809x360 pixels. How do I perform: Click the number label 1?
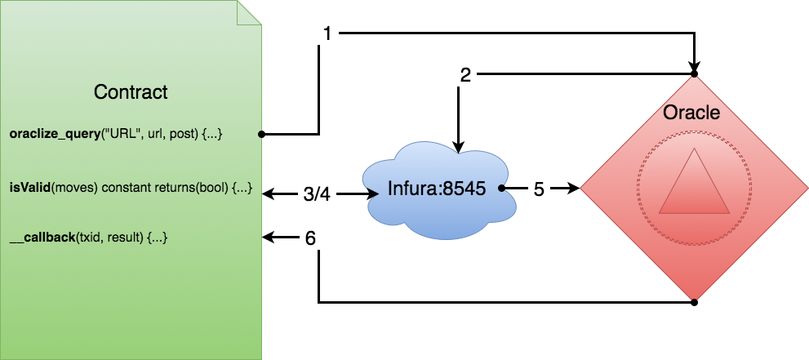pyautogui.click(x=327, y=33)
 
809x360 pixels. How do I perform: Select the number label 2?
pyautogui.click(x=465, y=76)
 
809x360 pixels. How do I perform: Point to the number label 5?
pyautogui.click(x=539, y=189)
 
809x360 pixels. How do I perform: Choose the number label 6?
pyautogui.click(x=310, y=238)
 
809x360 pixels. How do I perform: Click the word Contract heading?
pyautogui.click(x=131, y=92)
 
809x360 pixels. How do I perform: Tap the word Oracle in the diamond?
pyautogui.click(x=691, y=113)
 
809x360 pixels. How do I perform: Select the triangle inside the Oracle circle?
pyautogui.click(x=693, y=185)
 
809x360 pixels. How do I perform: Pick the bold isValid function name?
pyautogui.click(x=28, y=188)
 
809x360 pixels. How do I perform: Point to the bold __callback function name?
pyautogui.click(x=42, y=237)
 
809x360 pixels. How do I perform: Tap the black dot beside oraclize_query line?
pyautogui.click(x=260, y=134)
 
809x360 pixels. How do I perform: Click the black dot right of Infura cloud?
pyautogui.click(x=503, y=189)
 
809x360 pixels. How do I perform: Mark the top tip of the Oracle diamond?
pyautogui.click(x=694, y=77)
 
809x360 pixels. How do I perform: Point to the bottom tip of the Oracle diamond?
pyautogui.click(x=694, y=299)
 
